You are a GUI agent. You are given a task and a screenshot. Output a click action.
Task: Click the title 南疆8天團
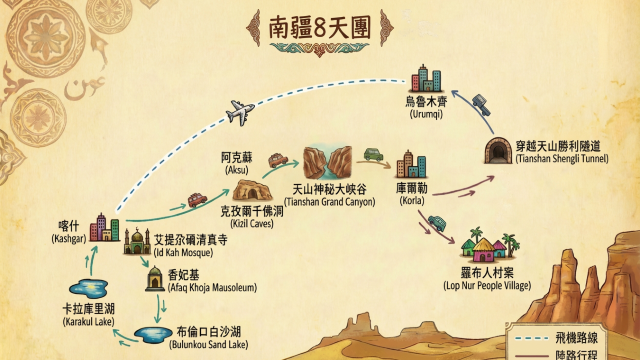[319, 27]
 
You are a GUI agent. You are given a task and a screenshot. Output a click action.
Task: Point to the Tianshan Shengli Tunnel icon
[496, 151]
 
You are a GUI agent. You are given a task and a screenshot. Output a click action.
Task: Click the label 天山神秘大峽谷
[323, 190]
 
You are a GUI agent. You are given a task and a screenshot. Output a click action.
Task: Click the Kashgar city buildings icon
[102, 229]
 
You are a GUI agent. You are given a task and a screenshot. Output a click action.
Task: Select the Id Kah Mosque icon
[138, 240]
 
